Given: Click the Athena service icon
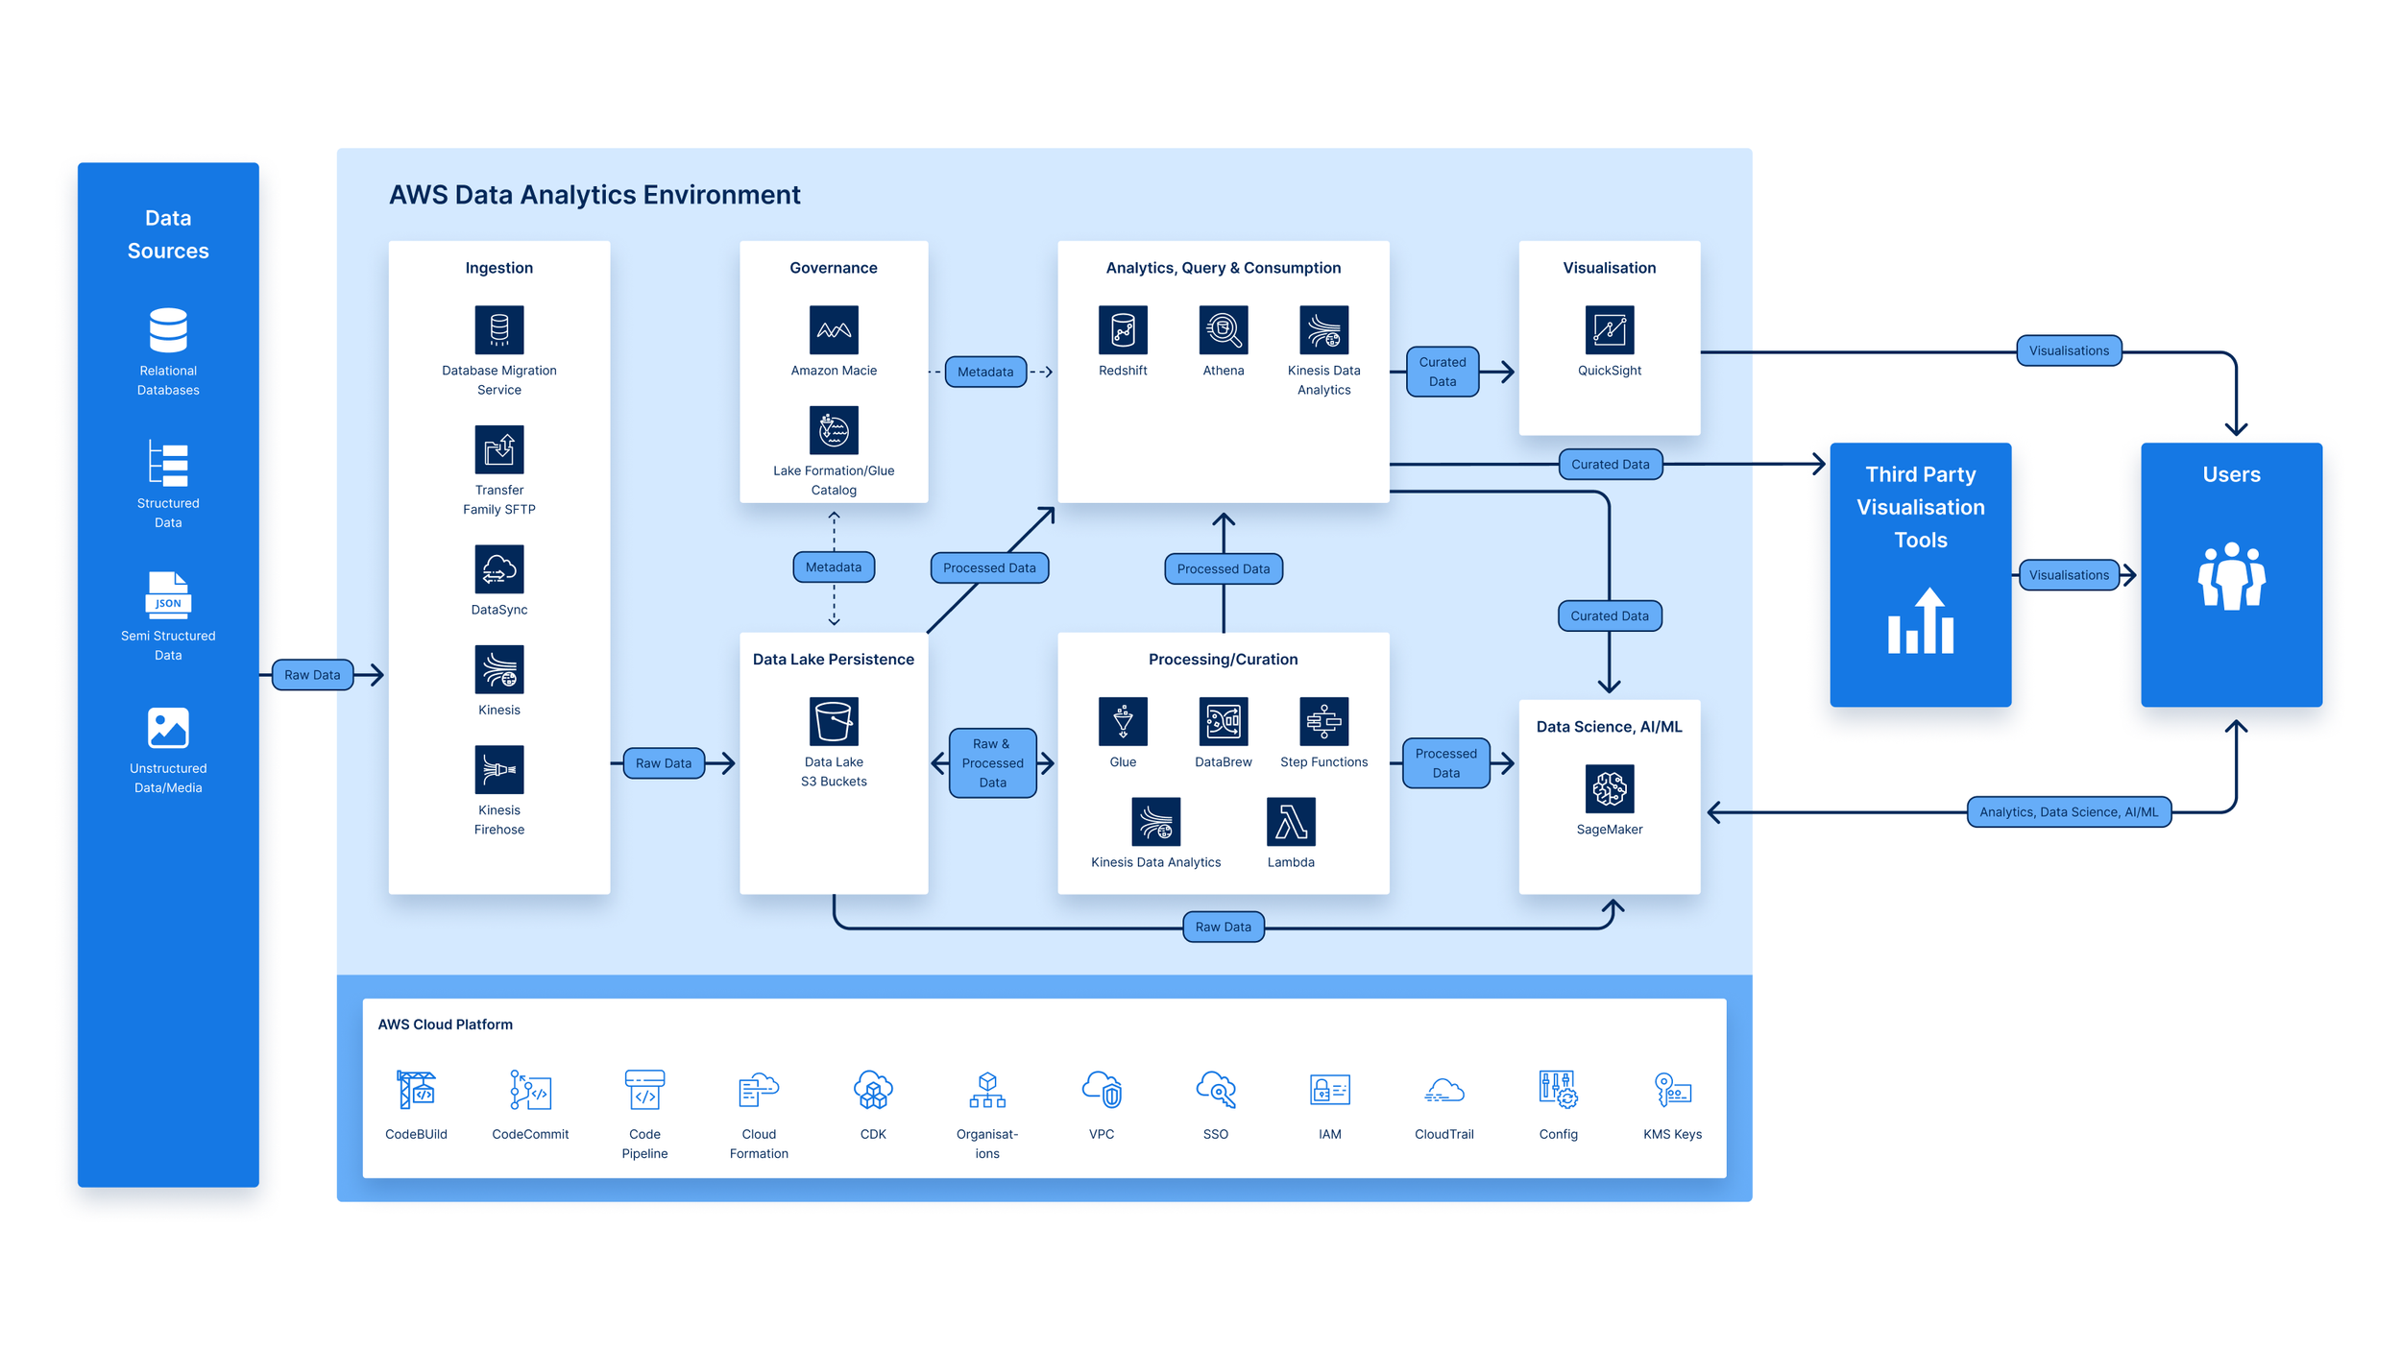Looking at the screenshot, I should (1223, 330).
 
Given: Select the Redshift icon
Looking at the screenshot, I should (1123, 330).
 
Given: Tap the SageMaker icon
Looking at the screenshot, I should (1609, 788).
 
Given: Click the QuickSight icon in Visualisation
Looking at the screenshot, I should (1609, 330).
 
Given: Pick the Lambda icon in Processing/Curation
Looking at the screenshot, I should (1290, 822).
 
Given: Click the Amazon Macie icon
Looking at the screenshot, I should (834, 330).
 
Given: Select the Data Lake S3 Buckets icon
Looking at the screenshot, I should (834, 721).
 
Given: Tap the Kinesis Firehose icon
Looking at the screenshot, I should (499, 769).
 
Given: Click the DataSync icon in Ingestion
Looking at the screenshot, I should (499, 569).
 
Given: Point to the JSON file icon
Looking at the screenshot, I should (168, 595).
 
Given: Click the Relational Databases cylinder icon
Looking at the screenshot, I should (168, 330).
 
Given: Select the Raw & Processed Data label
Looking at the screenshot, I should (992, 763).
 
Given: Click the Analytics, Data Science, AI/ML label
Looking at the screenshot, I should (2068, 812).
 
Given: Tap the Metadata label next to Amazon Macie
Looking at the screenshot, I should (985, 372).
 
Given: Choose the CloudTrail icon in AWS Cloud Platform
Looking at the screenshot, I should (1443, 1091).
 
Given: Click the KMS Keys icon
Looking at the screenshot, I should (1672, 1091).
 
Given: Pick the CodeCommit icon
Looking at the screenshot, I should (530, 1091).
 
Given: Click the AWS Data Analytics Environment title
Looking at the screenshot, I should (594, 195).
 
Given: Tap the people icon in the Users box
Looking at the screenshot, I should (2231, 576).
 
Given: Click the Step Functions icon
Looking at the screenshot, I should (1323, 721).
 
